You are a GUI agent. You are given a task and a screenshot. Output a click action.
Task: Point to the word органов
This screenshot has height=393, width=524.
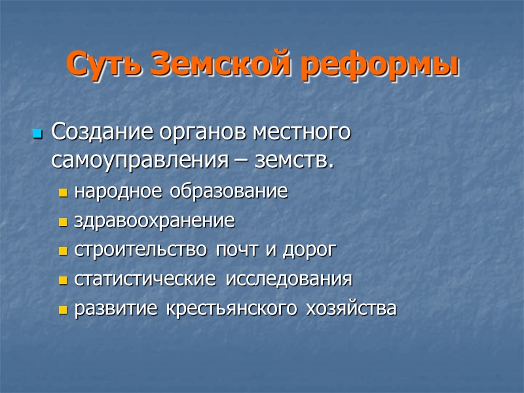[x=200, y=133]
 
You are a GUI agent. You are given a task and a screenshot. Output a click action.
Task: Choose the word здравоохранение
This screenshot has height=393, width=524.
[x=155, y=221]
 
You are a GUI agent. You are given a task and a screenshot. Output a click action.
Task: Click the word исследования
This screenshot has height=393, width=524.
[x=289, y=279]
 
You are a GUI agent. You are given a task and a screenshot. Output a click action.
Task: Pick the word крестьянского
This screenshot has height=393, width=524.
[x=236, y=309]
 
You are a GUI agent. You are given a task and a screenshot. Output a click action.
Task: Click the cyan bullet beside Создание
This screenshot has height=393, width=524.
[x=37, y=135]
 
